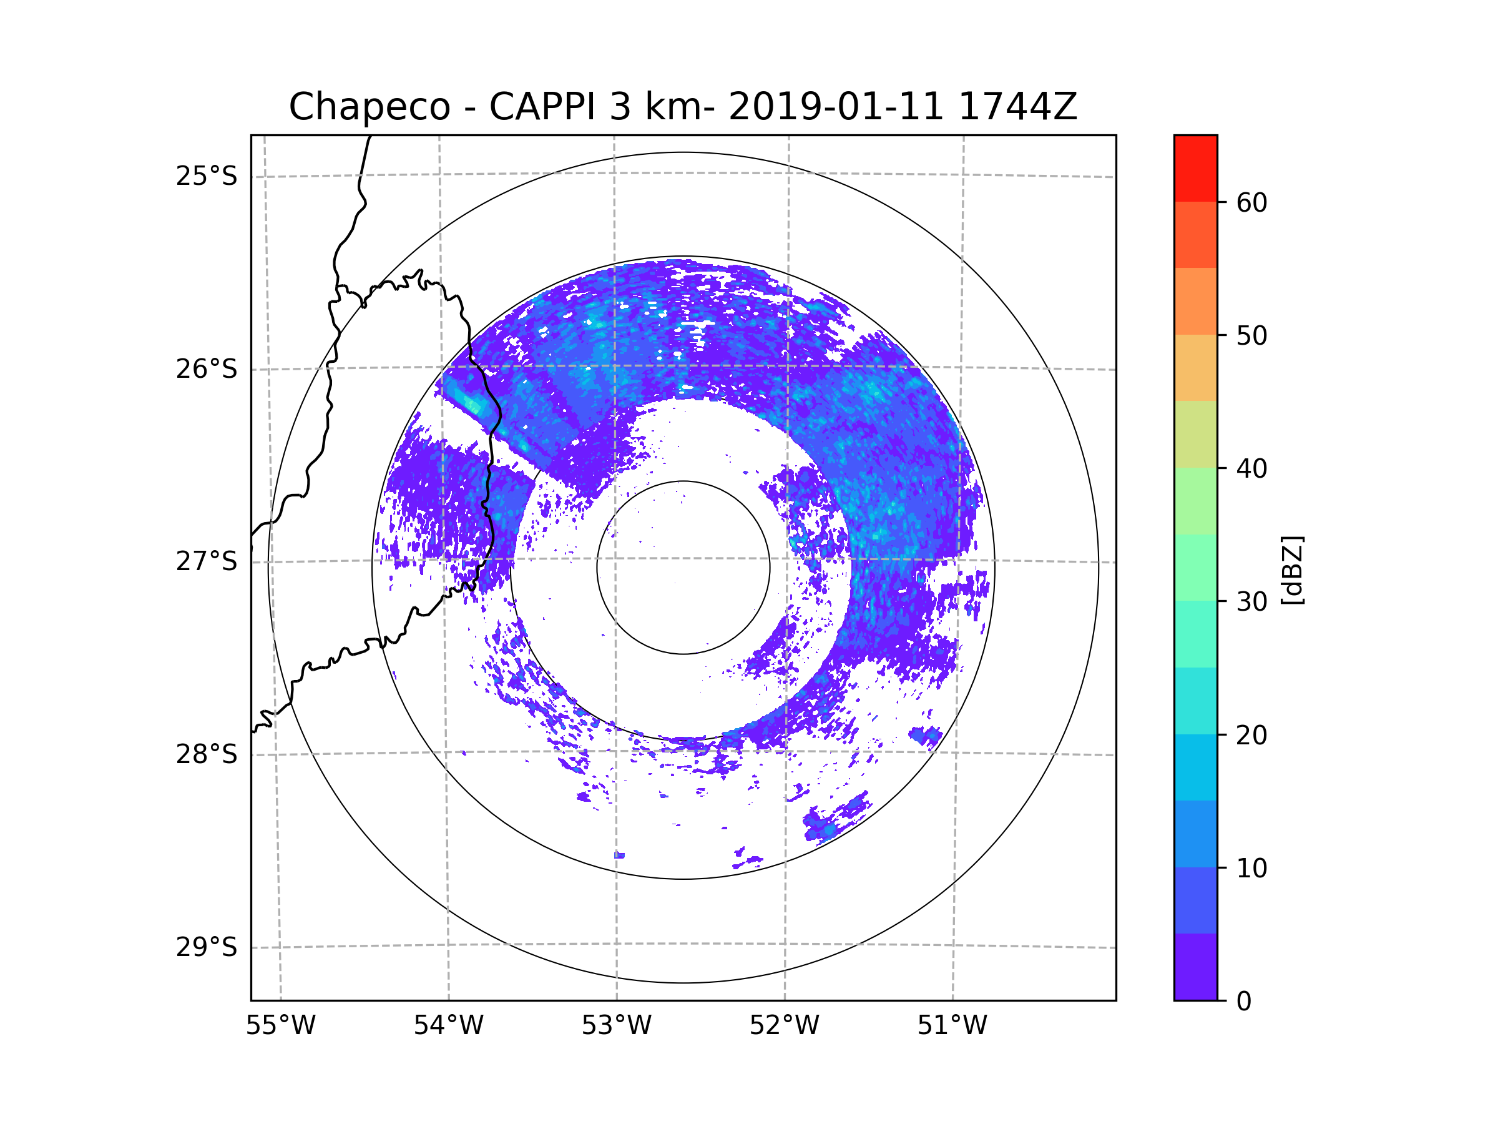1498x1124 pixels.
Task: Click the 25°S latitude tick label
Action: [207, 176]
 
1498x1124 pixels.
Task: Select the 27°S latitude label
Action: [207, 561]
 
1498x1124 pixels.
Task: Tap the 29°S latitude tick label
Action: [207, 947]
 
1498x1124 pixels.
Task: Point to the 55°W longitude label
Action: [280, 1026]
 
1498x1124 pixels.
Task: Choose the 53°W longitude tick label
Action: [616, 1026]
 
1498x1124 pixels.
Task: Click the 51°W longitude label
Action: [952, 1026]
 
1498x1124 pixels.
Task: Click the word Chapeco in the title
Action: [369, 107]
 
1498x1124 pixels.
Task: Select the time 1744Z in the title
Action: [1017, 107]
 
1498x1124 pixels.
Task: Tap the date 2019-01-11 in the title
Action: [836, 107]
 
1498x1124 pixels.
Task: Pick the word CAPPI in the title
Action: [542, 107]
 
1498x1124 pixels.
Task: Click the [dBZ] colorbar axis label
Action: [1292, 569]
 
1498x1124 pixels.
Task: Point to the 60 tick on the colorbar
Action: [1251, 202]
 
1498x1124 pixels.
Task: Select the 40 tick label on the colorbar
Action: [1251, 469]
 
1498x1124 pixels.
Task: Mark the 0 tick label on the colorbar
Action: [1244, 1002]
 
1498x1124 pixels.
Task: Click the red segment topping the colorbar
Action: [1195, 168]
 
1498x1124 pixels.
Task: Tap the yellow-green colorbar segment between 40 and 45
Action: [1195, 434]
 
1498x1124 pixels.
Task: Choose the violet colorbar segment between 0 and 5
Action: [1195, 967]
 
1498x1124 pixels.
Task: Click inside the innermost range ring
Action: [683, 568]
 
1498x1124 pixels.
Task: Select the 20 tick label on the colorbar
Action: [1251, 735]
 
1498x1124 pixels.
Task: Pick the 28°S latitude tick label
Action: [207, 754]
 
